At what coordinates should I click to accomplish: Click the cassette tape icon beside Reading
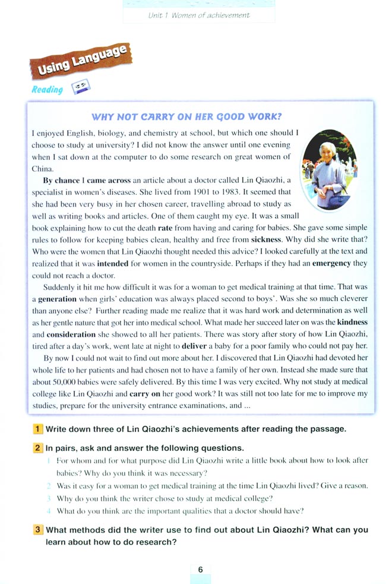tap(80, 89)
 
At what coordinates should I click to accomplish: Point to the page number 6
tap(201, 569)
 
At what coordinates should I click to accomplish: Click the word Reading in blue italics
tap(47, 90)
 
